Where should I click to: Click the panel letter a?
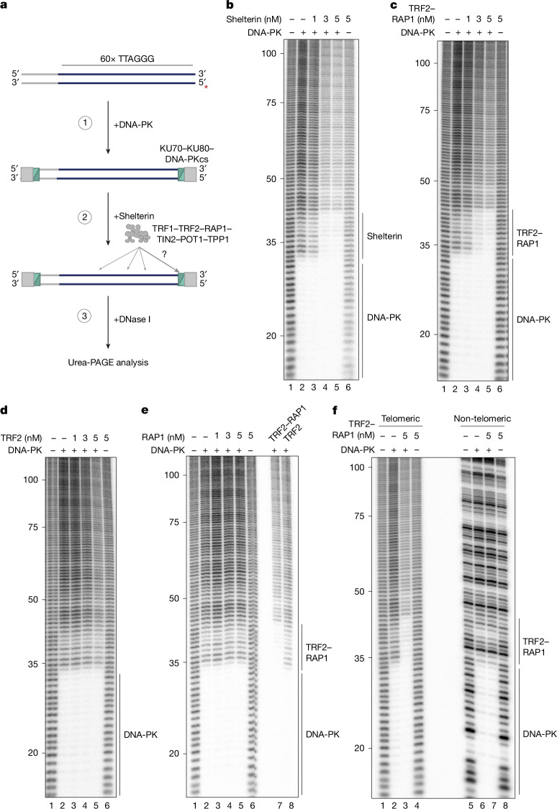[x=4, y=6]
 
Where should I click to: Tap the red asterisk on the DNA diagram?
[x=207, y=88]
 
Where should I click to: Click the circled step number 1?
[x=85, y=123]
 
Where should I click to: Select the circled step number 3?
[x=85, y=316]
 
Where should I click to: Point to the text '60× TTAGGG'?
[x=127, y=59]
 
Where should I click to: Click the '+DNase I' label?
[x=132, y=319]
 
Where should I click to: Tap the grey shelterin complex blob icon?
[x=135, y=234]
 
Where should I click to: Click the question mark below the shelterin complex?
[x=165, y=255]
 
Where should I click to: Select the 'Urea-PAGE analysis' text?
[x=108, y=362]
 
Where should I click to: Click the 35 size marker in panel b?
[x=271, y=242]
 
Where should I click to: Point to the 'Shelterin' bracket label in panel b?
[x=384, y=237]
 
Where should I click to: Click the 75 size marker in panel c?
[x=425, y=111]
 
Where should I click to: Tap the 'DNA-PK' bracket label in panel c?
[x=533, y=319]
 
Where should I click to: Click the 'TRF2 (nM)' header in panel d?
[x=21, y=438]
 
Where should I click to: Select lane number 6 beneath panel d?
[x=107, y=805]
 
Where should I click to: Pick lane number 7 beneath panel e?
[x=280, y=805]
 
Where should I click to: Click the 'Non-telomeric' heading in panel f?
[x=482, y=419]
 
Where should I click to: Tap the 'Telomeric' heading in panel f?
[x=401, y=419]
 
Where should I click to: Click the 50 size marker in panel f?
[x=360, y=591]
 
